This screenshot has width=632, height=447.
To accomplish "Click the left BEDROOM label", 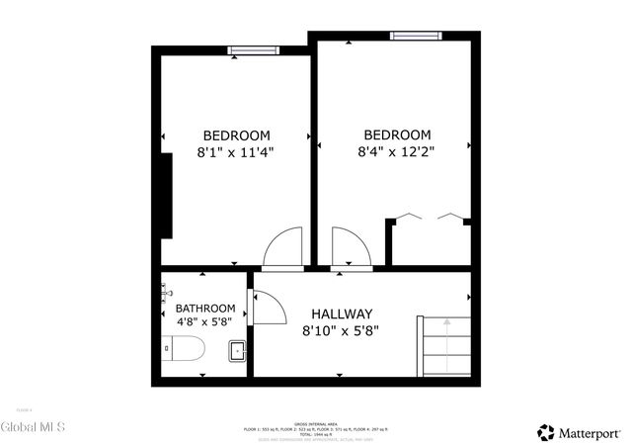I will coord(236,135).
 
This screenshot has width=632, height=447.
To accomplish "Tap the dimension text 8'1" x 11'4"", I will coord(236,152).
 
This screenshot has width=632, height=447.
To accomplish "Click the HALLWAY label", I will coord(342,313).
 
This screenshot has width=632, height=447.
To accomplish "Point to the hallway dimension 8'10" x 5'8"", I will coord(342,331).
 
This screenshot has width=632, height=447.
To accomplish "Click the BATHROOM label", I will coord(205,309).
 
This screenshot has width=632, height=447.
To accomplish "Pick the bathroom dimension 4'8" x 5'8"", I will coord(205,322).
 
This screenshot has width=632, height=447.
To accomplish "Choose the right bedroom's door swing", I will coord(350,247).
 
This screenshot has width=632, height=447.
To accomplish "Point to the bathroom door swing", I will coord(267,307).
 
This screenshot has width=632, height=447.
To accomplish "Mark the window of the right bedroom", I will coord(415,37).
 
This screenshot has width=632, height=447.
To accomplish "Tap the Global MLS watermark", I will coord(33,427).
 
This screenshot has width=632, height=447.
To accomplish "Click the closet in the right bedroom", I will coord(429,240).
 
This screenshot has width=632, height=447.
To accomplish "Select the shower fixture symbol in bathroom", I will coord(166,290).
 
